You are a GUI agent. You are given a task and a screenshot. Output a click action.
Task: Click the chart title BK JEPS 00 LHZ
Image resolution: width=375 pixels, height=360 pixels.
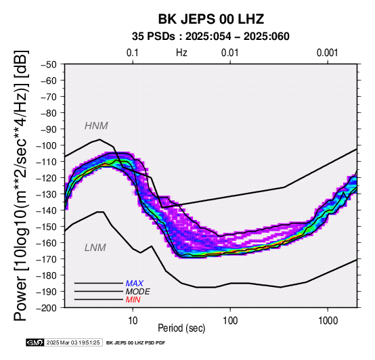211,19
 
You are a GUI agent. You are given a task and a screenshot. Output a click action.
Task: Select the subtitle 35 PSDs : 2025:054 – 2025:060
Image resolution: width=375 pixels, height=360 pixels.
211,37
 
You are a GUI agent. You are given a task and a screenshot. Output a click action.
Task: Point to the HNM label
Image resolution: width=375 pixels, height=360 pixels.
96,126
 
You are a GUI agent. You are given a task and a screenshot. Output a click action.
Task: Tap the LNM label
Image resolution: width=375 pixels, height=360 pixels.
95,248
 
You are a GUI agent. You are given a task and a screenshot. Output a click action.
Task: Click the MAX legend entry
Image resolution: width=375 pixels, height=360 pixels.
135,284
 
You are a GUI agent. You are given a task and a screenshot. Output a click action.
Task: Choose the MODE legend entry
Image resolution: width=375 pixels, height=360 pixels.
138,292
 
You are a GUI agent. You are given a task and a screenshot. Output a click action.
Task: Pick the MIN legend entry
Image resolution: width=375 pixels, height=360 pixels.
133,300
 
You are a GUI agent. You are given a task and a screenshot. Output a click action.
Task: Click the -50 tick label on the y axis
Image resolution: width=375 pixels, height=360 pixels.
49,64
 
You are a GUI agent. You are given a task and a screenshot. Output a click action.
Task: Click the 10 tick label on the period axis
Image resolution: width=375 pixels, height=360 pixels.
133,321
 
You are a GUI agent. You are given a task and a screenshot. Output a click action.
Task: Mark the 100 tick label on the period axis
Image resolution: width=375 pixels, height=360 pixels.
230,321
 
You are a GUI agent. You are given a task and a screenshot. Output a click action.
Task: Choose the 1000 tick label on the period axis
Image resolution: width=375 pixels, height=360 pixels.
328,321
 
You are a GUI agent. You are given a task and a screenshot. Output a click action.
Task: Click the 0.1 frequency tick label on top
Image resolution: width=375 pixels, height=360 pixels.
133,53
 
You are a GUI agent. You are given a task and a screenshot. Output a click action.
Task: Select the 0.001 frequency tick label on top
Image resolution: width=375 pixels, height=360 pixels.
328,53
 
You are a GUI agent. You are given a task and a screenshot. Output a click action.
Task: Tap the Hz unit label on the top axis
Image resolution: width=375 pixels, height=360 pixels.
181,53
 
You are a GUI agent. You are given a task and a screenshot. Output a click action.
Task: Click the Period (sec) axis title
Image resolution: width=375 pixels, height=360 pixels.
181,328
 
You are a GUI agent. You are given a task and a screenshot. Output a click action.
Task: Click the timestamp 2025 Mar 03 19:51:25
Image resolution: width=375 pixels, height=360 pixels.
73,342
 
